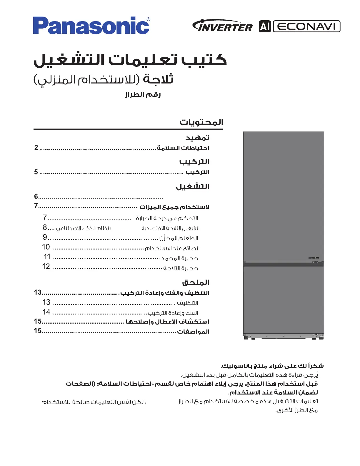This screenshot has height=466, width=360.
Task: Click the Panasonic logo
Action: [x=91, y=26]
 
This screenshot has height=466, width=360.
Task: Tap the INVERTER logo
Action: [x=222, y=26]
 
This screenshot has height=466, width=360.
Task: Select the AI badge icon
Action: [x=265, y=26]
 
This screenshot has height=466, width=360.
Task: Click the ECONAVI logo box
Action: [x=306, y=26]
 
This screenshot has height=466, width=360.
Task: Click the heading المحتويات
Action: [x=201, y=122]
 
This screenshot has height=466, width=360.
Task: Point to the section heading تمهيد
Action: [x=197, y=138]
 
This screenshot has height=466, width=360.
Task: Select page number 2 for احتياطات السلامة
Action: [x=36, y=148]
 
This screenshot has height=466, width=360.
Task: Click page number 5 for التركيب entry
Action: [x=36, y=172]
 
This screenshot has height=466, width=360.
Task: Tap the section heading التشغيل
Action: [x=193, y=187]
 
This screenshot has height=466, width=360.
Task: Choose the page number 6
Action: [x=36, y=196]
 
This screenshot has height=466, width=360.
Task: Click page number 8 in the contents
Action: [x=45, y=227]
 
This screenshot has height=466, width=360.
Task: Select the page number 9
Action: [x=45, y=237]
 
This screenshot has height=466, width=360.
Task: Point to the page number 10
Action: [x=46, y=247]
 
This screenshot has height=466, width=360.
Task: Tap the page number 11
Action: [x=47, y=257]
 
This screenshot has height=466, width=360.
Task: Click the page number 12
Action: [x=46, y=267]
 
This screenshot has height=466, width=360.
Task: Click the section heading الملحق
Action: [x=196, y=283]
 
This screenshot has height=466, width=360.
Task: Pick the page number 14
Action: [x=46, y=312]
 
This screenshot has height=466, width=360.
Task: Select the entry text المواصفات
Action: [x=193, y=332]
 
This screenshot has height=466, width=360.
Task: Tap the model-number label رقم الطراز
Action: [x=143, y=95]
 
